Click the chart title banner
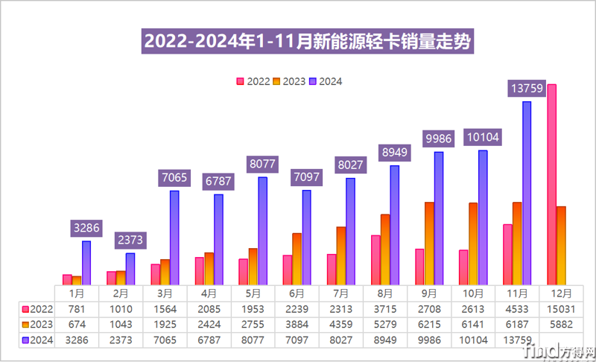tap(308, 42)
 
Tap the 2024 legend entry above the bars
tap(326, 82)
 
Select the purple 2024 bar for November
tap(527, 192)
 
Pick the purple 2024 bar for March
tap(174, 237)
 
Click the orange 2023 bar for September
tap(430, 243)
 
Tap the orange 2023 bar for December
tap(561, 245)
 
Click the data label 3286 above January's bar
tap(86, 228)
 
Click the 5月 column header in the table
tap(253, 293)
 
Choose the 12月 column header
tap(559, 293)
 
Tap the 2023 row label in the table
tap(37, 325)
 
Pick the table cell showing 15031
tap(559, 309)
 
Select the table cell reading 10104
tap(474, 340)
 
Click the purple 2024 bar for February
tap(130, 268)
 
